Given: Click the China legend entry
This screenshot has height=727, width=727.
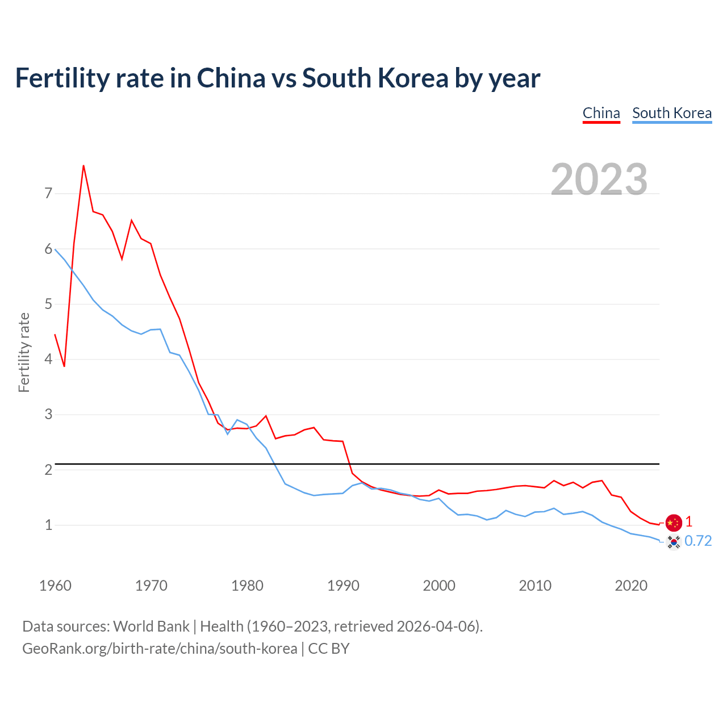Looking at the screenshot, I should click(x=601, y=113).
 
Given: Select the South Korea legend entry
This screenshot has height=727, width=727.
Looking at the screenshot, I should click(x=672, y=113).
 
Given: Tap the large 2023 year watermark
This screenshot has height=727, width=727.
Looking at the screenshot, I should click(x=599, y=179).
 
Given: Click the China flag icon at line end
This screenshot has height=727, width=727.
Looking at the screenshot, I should click(x=674, y=523).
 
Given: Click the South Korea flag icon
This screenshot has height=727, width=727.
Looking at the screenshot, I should click(x=674, y=542).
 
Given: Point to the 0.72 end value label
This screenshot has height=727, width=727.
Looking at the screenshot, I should click(x=698, y=541).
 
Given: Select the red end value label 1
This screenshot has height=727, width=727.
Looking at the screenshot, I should click(x=688, y=521).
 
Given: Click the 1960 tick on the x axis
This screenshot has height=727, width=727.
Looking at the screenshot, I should click(x=55, y=586).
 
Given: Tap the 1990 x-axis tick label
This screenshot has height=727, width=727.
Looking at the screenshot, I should click(x=343, y=586).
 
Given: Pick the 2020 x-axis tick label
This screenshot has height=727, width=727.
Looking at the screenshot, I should click(x=631, y=586).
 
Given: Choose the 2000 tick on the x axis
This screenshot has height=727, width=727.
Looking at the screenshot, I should click(x=439, y=586).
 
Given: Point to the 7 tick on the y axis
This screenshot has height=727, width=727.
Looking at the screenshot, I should click(x=48, y=194).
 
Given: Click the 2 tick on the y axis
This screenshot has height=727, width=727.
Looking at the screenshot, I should click(x=48, y=470).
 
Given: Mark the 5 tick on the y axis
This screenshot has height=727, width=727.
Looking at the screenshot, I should click(x=48, y=304).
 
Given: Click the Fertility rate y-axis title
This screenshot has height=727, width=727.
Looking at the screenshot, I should click(x=24, y=352).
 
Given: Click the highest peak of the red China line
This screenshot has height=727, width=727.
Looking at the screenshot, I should click(x=83, y=166).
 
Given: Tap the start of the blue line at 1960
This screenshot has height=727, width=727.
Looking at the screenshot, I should click(x=55, y=249).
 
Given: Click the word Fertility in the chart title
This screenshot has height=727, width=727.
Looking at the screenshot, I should click(x=62, y=78).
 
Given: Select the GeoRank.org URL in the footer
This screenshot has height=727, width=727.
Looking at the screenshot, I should click(x=160, y=649).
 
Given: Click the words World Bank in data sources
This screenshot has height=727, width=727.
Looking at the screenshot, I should click(x=151, y=626).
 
